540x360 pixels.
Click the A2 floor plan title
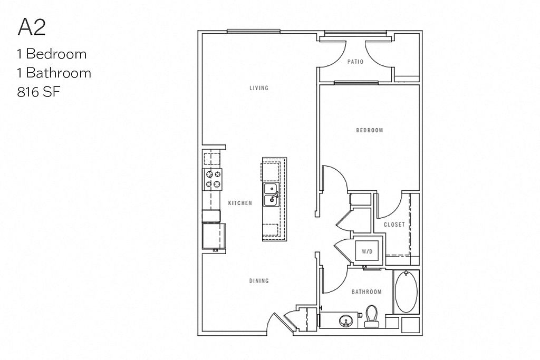(32, 27)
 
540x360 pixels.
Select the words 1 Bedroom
(52, 54)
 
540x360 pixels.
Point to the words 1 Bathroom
(54, 73)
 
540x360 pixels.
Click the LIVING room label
(259, 88)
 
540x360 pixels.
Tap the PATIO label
(355, 62)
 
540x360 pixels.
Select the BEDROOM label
(369, 130)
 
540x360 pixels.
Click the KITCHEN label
(240, 203)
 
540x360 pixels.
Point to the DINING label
(259, 281)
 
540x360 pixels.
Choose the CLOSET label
(394, 225)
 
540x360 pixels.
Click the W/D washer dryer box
(367, 251)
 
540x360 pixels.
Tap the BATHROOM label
(367, 291)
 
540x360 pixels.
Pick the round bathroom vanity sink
(346, 320)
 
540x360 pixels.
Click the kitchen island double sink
(271, 193)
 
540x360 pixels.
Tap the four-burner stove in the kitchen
(213, 179)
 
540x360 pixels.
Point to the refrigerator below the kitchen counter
(214, 236)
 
